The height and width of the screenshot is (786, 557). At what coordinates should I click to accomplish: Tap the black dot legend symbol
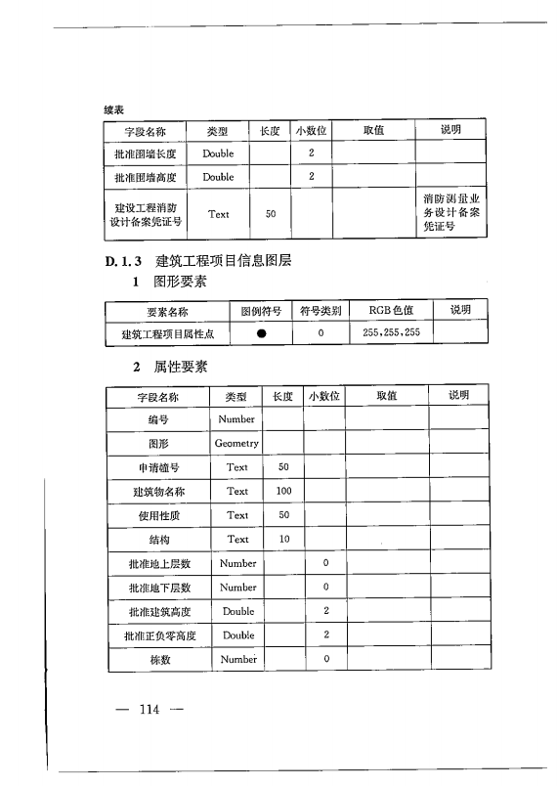point(261,333)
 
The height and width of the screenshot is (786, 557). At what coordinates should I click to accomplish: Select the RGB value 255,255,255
point(391,333)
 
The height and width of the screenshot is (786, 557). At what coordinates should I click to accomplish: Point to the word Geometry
point(236,443)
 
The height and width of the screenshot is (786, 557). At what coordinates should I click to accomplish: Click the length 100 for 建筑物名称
point(283,491)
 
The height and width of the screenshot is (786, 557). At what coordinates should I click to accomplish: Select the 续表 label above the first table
point(113,109)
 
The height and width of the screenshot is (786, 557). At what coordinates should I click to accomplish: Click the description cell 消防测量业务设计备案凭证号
point(450,213)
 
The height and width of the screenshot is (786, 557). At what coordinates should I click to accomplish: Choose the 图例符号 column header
point(261,311)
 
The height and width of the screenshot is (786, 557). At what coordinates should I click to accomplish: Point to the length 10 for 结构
point(283,539)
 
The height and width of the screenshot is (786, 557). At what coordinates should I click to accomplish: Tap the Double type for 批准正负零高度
point(237,634)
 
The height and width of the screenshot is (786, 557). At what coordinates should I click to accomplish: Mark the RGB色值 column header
point(391,311)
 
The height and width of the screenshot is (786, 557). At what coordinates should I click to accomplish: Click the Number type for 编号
point(236,419)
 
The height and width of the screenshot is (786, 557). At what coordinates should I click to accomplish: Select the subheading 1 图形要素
point(170,283)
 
